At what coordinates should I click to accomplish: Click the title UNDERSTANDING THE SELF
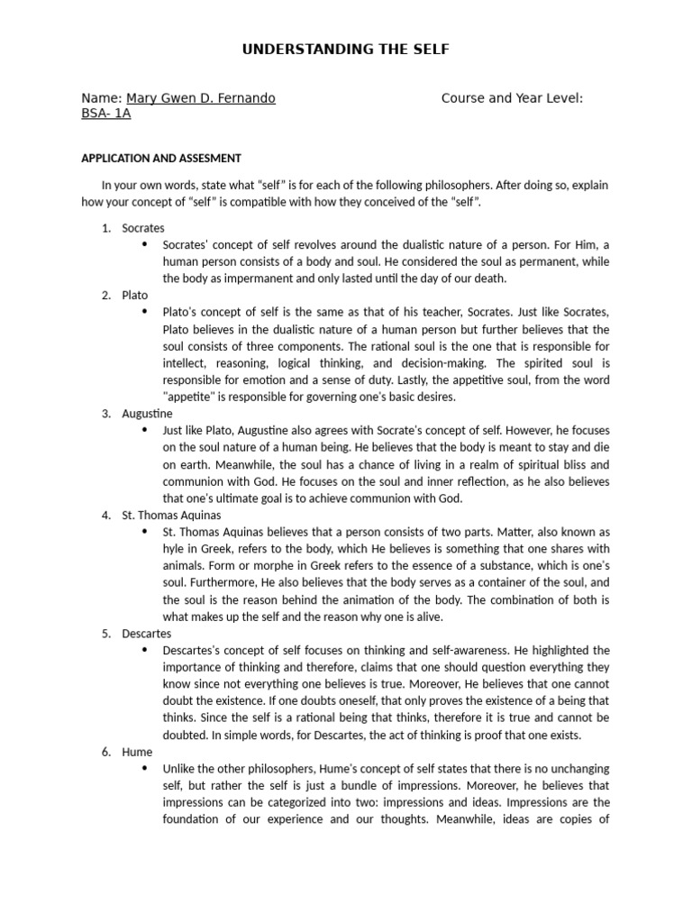[345, 50]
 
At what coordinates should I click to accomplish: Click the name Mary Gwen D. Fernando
[200, 98]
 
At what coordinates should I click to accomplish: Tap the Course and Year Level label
[512, 98]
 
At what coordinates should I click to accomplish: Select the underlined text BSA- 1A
[105, 114]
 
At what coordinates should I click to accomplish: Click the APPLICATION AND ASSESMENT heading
[161, 158]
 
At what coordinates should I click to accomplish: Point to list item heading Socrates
[143, 228]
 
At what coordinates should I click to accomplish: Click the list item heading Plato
[135, 295]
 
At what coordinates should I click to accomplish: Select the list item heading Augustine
[147, 414]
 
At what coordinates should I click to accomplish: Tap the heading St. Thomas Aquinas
[171, 516]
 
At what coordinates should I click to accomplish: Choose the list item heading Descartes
[147, 634]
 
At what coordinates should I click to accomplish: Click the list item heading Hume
[138, 752]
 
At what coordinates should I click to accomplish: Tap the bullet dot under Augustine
[145, 431]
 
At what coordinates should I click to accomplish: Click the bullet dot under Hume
[145, 769]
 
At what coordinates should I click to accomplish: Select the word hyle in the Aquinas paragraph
[175, 549]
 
